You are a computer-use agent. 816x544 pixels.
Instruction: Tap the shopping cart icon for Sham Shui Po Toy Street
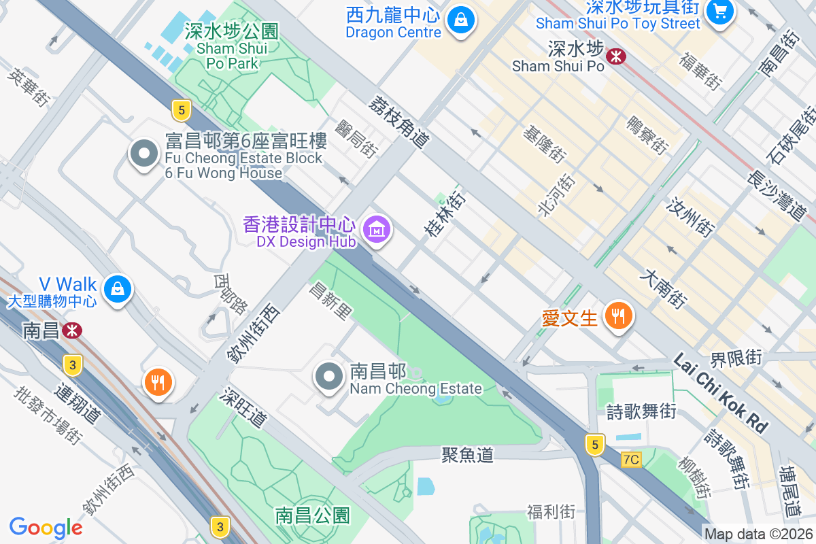[718, 11]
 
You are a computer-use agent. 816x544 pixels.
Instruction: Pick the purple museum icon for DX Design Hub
[376, 229]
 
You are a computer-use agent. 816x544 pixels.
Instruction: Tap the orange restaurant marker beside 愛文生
[617, 316]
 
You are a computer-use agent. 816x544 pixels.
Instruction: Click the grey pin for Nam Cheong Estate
[330, 376]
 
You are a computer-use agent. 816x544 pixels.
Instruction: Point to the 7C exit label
[630, 460]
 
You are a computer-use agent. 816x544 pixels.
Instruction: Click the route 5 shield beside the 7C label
[594, 445]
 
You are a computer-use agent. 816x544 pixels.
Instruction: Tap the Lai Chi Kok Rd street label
[721, 393]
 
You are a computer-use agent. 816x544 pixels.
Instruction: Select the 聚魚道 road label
[467, 455]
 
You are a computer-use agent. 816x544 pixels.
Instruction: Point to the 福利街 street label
[551, 511]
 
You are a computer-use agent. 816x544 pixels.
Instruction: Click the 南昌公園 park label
[313, 515]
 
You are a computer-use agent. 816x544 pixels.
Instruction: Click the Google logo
[46, 528]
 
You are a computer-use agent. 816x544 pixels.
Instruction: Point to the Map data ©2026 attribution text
[758, 534]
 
